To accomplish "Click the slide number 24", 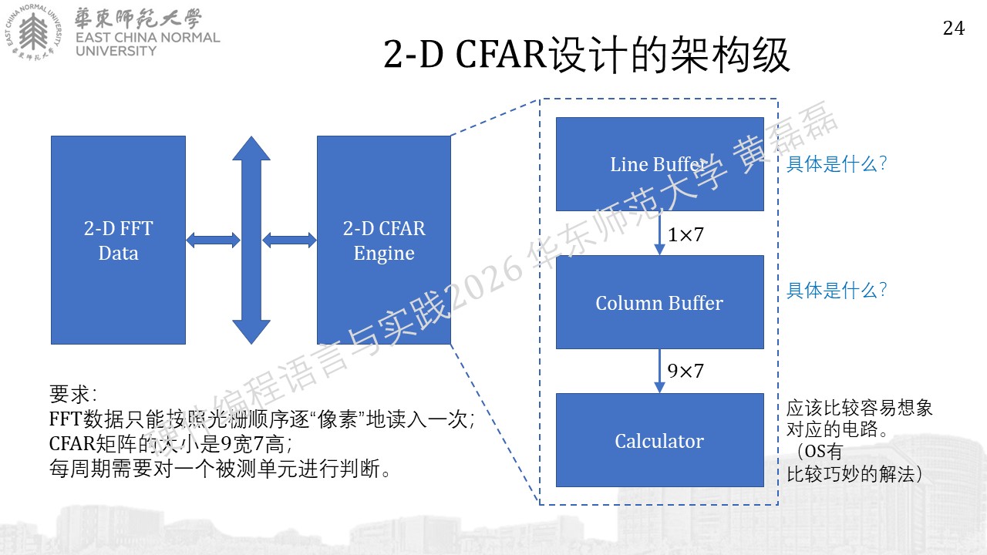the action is pos(954,29).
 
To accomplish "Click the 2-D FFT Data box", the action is pos(118,240).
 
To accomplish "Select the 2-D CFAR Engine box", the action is pos(384,240).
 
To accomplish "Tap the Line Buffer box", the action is pos(659,164).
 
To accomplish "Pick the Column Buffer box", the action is pos(659,302).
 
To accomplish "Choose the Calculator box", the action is pos(659,440).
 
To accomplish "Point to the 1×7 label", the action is pos(686,234).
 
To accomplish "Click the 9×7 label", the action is pos(686,371).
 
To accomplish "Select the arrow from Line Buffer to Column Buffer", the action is pos(659,233).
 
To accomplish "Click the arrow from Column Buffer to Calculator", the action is pos(659,371).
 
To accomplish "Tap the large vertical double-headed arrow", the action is pos(251,240).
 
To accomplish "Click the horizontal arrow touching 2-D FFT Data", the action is pos(214,240).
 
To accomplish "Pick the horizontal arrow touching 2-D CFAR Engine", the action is pos(289,240).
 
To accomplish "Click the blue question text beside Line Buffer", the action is pos(837,164).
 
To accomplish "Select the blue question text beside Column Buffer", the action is pos(837,291).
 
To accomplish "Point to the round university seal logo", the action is pos(33,32).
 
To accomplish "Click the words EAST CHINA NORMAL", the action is pos(147,38).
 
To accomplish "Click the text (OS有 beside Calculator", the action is pos(820,451).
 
